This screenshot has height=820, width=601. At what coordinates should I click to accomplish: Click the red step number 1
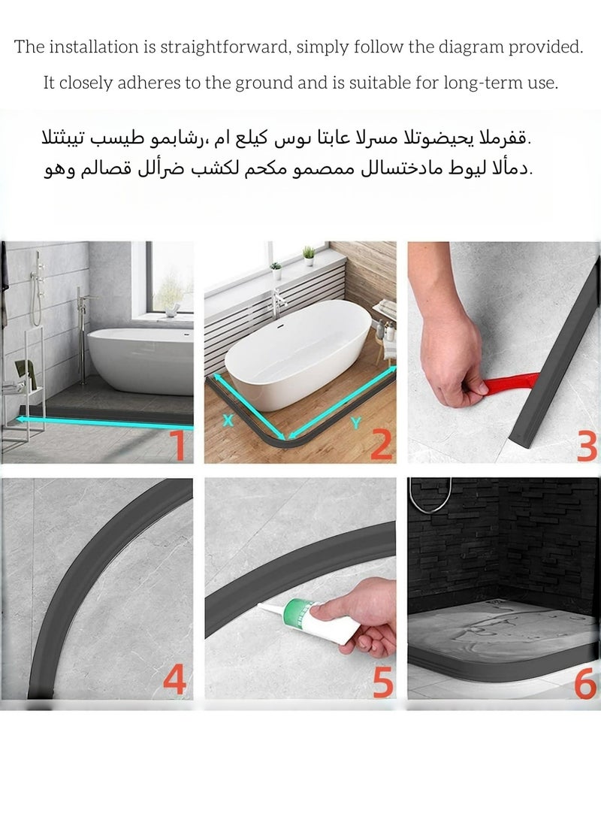pyautogui.click(x=178, y=444)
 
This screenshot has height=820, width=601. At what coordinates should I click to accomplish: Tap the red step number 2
pyautogui.click(x=381, y=444)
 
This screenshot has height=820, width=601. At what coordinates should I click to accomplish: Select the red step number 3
pyautogui.click(x=587, y=444)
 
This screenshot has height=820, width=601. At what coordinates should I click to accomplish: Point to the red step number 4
pyautogui.click(x=174, y=680)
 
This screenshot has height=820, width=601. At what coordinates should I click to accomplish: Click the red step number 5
pyautogui.click(x=381, y=682)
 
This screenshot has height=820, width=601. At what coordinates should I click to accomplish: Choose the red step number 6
pyautogui.click(x=585, y=682)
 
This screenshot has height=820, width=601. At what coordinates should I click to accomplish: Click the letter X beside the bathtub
pyautogui.click(x=228, y=422)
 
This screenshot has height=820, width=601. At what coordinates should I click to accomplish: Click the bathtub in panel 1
pyautogui.click(x=140, y=360)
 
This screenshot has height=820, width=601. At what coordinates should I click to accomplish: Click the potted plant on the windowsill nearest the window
pyautogui.click(x=309, y=256)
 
